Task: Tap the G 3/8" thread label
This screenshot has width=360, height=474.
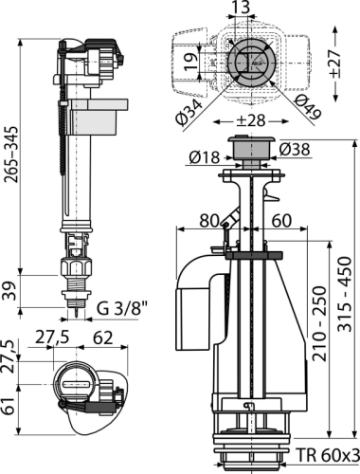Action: coord(122,310)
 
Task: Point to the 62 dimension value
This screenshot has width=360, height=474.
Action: coord(103,337)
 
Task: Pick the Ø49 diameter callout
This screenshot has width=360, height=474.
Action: coord(307,107)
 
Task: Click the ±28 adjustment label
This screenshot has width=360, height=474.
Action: coord(251,121)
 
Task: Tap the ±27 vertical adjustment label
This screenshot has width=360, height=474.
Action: coord(334,63)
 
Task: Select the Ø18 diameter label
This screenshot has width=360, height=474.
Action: coord(204,157)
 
